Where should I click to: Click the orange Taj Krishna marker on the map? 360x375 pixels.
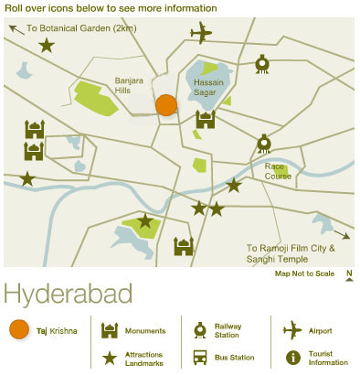pyautogui.click(x=165, y=105)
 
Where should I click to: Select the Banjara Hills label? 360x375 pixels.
pyautogui.click(x=131, y=84)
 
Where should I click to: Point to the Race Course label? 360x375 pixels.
pyautogui.click(x=279, y=171)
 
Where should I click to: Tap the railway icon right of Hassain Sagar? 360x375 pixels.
pyautogui.click(x=262, y=63)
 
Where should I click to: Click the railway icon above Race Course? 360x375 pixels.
pyautogui.click(x=263, y=143)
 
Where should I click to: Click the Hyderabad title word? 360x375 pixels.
pyautogui.click(x=69, y=295)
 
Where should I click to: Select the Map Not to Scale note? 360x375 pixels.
pyautogui.click(x=303, y=273)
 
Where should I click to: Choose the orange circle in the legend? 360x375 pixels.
pyautogui.click(x=18, y=330)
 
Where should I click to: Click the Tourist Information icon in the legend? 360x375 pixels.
pyautogui.click(x=293, y=358)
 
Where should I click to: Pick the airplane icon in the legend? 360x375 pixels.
pyautogui.click(x=293, y=329)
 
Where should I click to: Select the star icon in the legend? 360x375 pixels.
pyautogui.click(x=110, y=358)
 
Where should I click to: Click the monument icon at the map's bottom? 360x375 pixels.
pyautogui.click(x=185, y=246)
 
